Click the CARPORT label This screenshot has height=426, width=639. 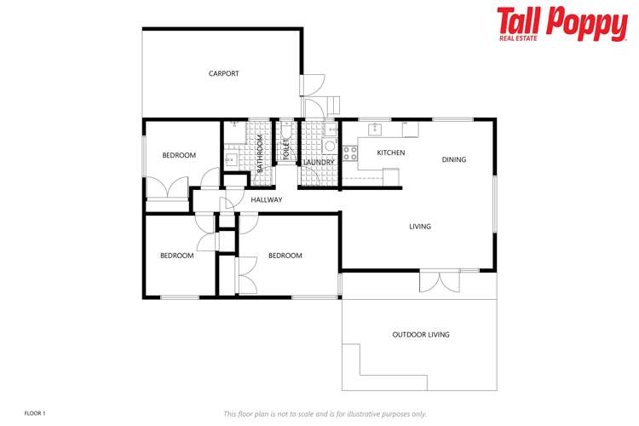click(x=224, y=73)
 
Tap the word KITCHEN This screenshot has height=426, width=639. click(x=391, y=153)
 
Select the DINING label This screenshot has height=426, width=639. click(x=454, y=159)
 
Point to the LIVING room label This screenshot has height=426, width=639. click(x=420, y=227)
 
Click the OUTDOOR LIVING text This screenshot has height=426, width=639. click(x=421, y=335)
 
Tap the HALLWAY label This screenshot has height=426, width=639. click(x=267, y=200)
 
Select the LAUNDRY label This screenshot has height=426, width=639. click(x=318, y=162)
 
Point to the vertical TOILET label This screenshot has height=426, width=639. click(x=286, y=150)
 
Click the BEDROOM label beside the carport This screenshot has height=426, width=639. click(x=179, y=155)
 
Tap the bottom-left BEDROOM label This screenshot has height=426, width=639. click(x=177, y=256)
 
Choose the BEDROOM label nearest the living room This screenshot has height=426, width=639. click(x=285, y=256)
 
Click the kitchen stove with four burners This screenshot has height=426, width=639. click(x=349, y=153)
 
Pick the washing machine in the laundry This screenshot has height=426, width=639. click(x=329, y=147)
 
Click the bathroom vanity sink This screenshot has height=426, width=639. click(x=230, y=159)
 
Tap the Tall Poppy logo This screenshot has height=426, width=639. click(x=561, y=24)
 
